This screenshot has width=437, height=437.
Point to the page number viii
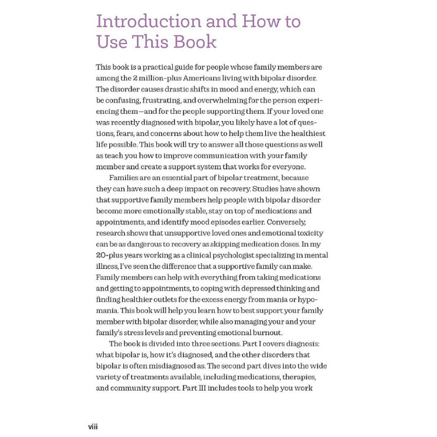point(93,426)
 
